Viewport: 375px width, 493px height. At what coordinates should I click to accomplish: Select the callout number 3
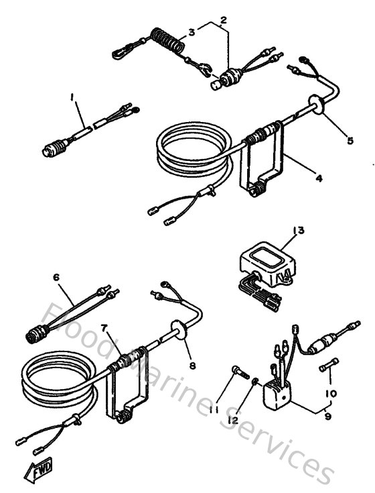[192, 32]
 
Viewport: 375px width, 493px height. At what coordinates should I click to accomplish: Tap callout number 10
[329, 393]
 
